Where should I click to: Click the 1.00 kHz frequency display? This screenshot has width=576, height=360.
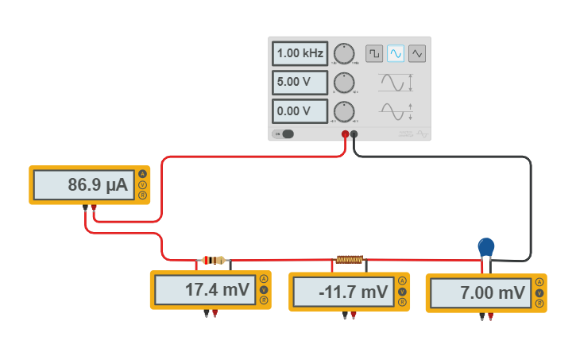pyautogui.click(x=300, y=54)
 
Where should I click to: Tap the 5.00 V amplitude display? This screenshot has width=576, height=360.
pyautogui.click(x=300, y=83)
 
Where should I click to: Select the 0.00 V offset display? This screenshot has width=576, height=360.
pyautogui.click(x=300, y=111)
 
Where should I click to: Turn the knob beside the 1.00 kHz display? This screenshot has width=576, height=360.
pyautogui.click(x=344, y=54)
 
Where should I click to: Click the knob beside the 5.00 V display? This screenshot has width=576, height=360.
pyautogui.click(x=344, y=83)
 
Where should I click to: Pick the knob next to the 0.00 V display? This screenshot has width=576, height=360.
pyautogui.click(x=344, y=111)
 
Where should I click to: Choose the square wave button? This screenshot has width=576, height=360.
pyautogui.click(x=373, y=53)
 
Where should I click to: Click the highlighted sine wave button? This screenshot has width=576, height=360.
pyautogui.click(x=396, y=53)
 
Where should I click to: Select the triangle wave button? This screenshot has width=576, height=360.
pyautogui.click(x=417, y=53)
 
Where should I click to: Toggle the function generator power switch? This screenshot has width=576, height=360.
pyautogui.click(x=284, y=134)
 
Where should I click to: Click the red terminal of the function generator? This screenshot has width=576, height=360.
pyautogui.click(x=345, y=134)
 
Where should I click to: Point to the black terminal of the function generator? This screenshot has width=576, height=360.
pyautogui.click(x=354, y=134)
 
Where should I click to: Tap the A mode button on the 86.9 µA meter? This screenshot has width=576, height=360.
pyautogui.click(x=143, y=174)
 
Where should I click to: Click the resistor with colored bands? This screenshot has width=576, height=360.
pyautogui.click(x=214, y=260)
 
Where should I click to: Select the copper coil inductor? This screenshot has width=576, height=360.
pyautogui.click(x=350, y=259)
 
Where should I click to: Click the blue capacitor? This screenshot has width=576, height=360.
pyautogui.click(x=486, y=246)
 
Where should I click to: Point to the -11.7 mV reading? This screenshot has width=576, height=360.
pyautogui.click(x=342, y=292)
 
